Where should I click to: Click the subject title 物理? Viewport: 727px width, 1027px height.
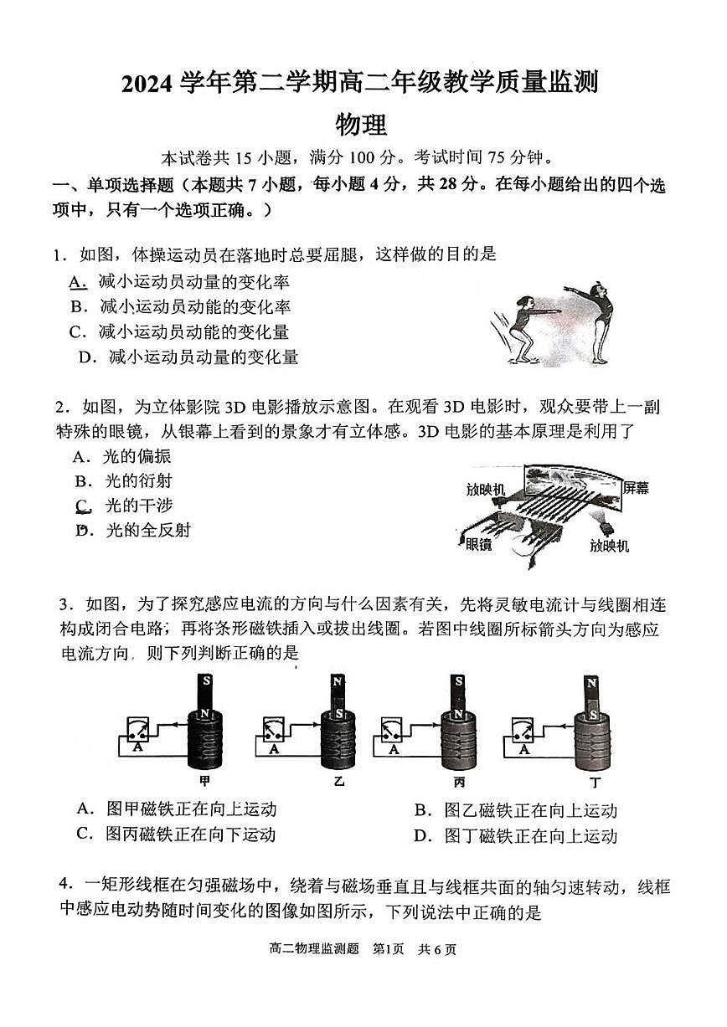point(361,124)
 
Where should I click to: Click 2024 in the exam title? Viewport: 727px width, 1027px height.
point(148,84)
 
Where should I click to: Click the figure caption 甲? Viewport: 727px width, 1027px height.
point(204,782)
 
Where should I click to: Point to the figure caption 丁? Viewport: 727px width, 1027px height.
point(595,782)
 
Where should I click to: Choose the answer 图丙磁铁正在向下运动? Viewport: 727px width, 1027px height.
point(191,834)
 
